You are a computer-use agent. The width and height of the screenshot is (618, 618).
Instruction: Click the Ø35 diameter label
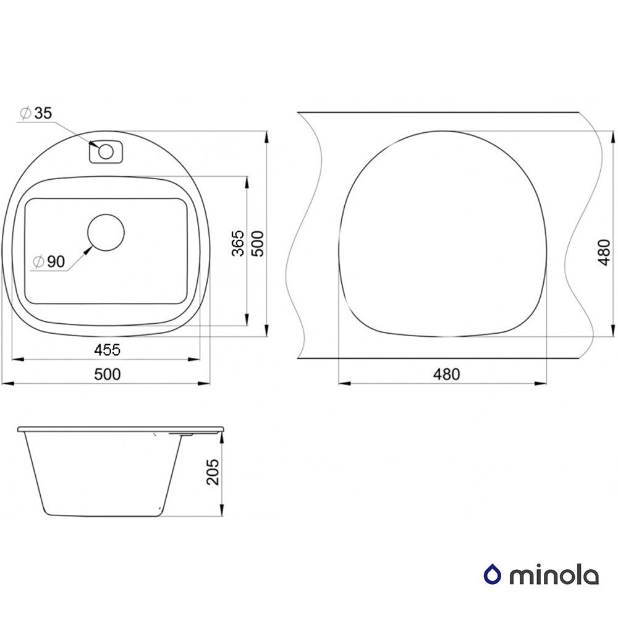[x=36, y=113]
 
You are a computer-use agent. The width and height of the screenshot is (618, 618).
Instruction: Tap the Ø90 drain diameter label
[x=49, y=261]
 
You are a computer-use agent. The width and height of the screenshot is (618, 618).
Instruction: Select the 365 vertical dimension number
[x=238, y=243]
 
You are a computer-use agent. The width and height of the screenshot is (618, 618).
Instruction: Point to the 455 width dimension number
[x=107, y=349]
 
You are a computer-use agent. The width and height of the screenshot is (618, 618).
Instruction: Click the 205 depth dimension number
[x=213, y=472]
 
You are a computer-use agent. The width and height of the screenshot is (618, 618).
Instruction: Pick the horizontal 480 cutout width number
[x=446, y=374]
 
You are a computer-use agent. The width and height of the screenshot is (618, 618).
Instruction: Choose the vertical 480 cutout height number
[x=604, y=252]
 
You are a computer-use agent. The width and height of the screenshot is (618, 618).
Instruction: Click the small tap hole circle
[x=106, y=151]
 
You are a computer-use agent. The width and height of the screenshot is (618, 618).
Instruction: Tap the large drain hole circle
[x=106, y=232]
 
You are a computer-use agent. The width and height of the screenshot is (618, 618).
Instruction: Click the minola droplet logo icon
[x=493, y=575]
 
